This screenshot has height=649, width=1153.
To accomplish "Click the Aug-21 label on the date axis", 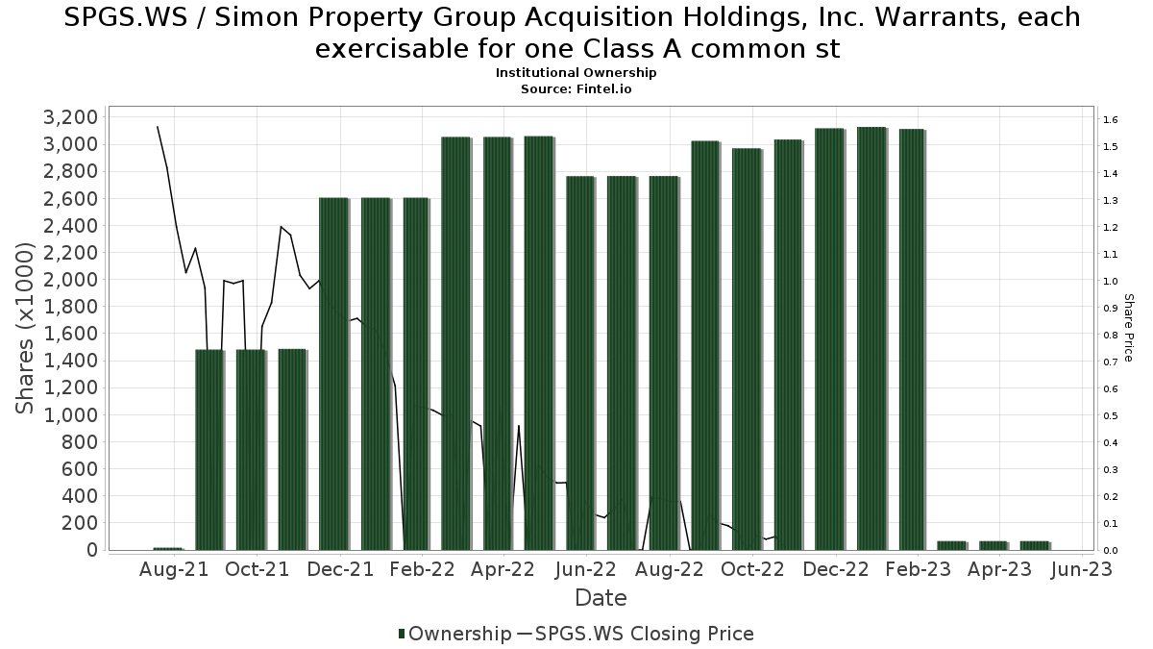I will point(174,569).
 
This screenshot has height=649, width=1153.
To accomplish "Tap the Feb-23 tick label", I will point(918,569).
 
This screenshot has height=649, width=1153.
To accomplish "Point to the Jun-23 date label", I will point(1082,569).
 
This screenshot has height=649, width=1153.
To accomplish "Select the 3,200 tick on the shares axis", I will point(71,117).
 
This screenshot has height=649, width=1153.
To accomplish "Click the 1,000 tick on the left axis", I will point(71,415).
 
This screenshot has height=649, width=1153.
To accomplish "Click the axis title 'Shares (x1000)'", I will point(26,328).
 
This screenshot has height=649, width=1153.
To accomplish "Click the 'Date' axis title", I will point(601,598).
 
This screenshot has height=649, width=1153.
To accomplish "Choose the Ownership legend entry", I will point(454,634).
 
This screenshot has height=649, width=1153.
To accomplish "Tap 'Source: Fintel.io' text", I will point(576,88).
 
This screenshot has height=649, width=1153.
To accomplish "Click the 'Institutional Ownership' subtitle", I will point(576,73).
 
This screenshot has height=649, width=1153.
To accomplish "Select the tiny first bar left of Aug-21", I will point(167,549).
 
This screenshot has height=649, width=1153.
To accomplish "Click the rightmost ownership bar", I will point(1035,545).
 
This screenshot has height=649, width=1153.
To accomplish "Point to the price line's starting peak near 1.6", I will point(158,127).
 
